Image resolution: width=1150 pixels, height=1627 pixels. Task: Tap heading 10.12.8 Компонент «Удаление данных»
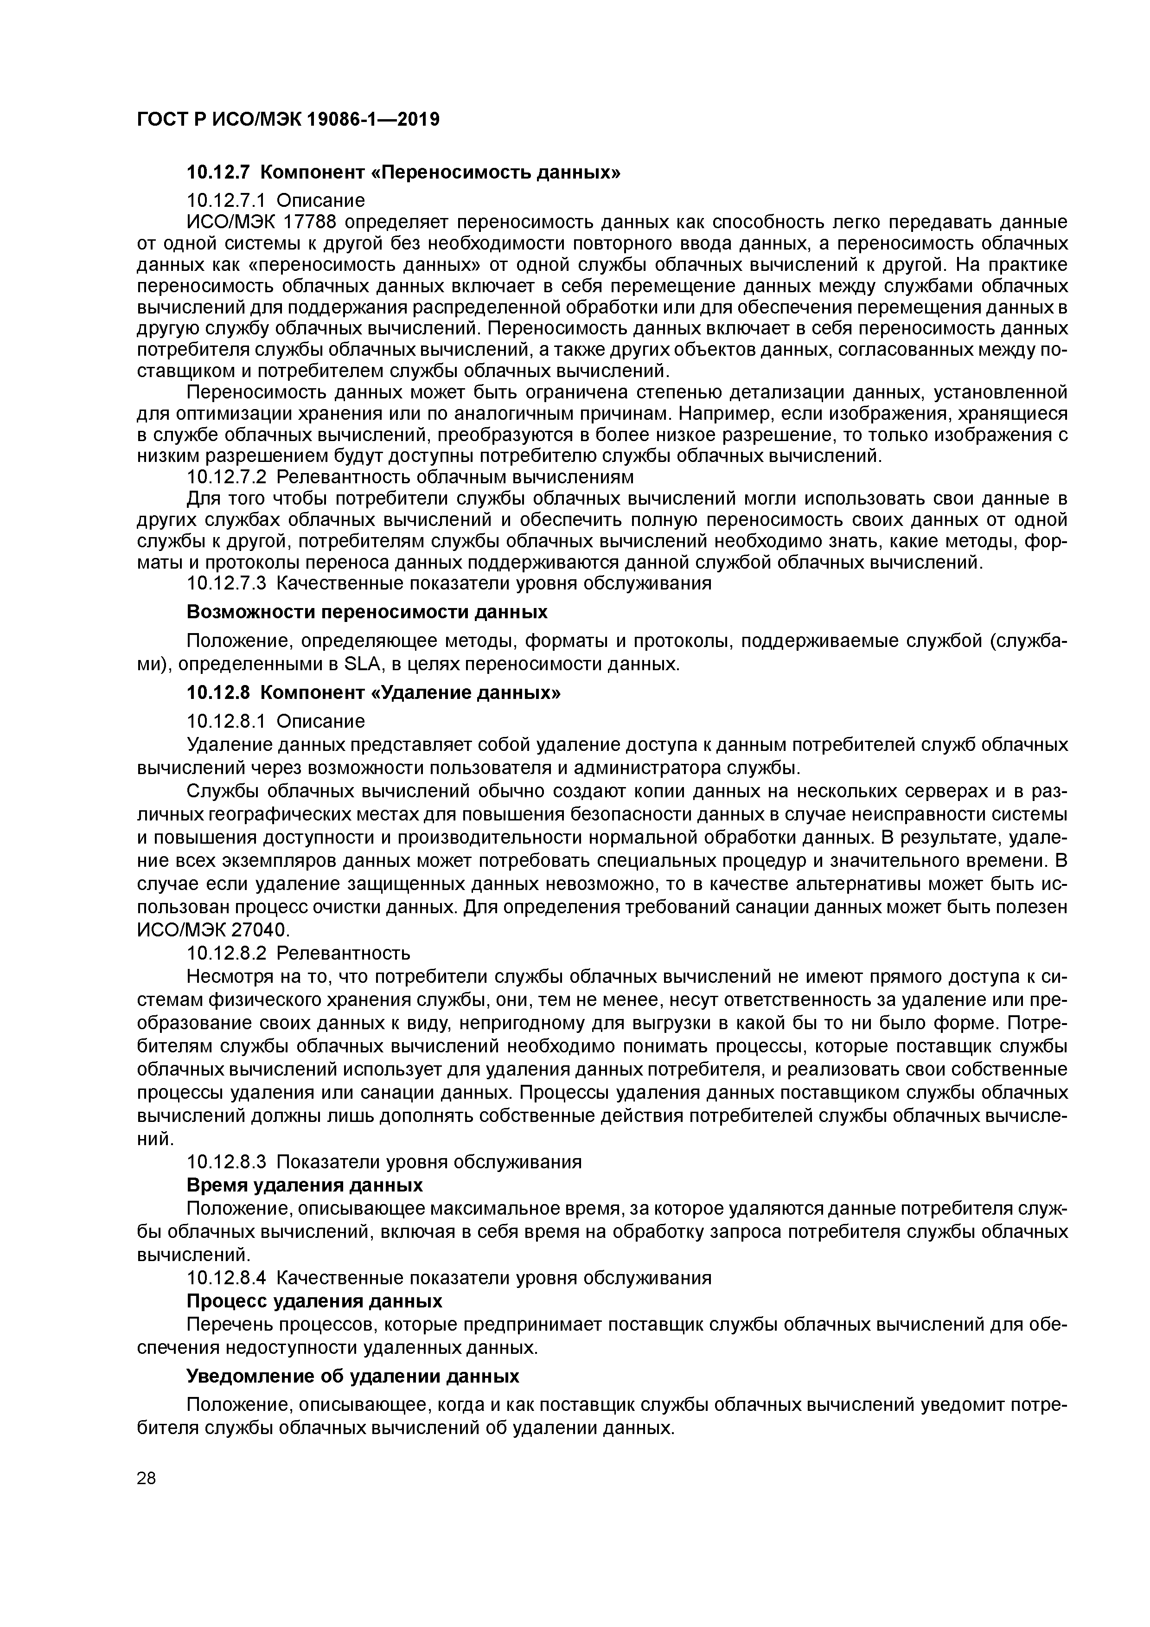pos(373,692)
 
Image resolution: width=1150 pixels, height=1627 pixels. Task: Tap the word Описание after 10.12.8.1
pos(320,721)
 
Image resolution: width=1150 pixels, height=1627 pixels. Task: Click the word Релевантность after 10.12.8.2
pos(343,952)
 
